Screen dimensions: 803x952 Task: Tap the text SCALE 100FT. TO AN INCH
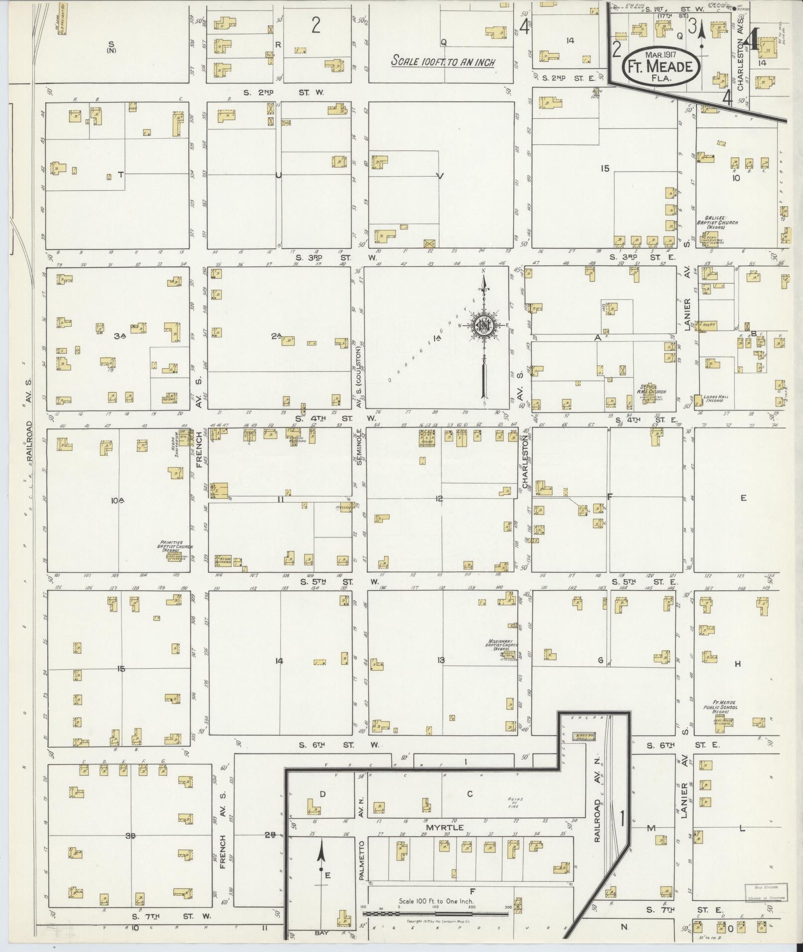(443, 62)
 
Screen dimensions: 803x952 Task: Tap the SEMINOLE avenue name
(359, 447)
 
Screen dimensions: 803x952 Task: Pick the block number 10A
(117, 501)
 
